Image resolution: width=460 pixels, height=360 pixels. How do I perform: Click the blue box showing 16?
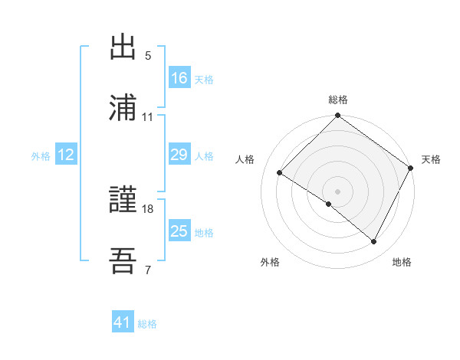[x=179, y=78]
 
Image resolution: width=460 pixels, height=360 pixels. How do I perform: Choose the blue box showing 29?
[x=179, y=155]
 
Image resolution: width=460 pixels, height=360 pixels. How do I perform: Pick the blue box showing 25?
[x=179, y=231]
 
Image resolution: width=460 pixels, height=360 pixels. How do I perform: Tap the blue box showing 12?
[x=66, y=155]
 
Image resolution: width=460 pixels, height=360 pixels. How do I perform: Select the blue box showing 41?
[x=123, y=323]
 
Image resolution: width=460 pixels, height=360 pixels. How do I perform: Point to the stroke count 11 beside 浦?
[x=148, y=116]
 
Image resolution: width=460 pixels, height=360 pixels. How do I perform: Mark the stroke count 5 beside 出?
[x=148, y=56]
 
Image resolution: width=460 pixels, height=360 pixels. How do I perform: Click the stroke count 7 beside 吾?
[x=148, y=270]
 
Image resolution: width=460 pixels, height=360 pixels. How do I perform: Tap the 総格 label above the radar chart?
[x=338, y=100]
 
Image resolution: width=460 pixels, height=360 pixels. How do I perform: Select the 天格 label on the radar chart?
[x=431, y=159]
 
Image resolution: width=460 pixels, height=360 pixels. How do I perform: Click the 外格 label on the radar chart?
[x=270, y=263]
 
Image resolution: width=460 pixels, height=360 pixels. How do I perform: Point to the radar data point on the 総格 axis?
[x=338, y=116]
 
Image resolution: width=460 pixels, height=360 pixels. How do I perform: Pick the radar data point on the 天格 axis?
[x=411, y=167]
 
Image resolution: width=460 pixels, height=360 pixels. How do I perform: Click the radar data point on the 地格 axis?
[x=374, y=242]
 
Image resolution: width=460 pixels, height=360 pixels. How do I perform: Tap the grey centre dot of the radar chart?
[x=338, y=191]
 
